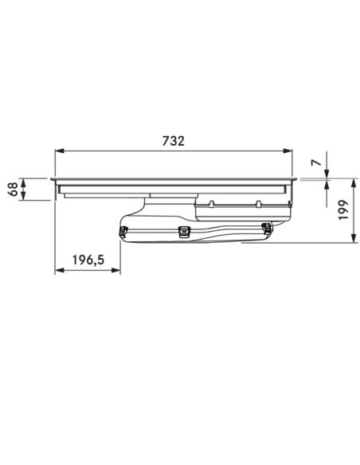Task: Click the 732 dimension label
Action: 173,141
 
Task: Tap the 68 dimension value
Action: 13,189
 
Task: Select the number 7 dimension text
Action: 316,162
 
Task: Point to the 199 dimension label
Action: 343,209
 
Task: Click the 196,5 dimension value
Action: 88,260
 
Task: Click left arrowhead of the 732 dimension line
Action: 60,151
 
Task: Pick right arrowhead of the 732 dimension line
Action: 288,151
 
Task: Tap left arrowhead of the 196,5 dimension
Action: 60,270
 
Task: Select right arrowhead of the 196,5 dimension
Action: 116,270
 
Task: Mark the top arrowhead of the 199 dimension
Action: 353,183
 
